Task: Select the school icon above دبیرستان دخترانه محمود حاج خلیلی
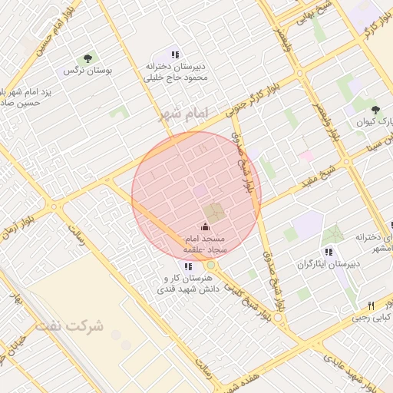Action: point(175,54)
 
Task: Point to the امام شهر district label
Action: point(183,114)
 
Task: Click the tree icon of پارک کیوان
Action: point(375,111)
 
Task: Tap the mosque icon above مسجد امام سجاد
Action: point(204,226)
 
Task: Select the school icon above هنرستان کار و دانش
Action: point(189,266)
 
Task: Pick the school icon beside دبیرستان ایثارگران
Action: point(329,252)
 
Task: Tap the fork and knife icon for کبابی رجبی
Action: point(371,305)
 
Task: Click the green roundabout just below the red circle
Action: point(210,266)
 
